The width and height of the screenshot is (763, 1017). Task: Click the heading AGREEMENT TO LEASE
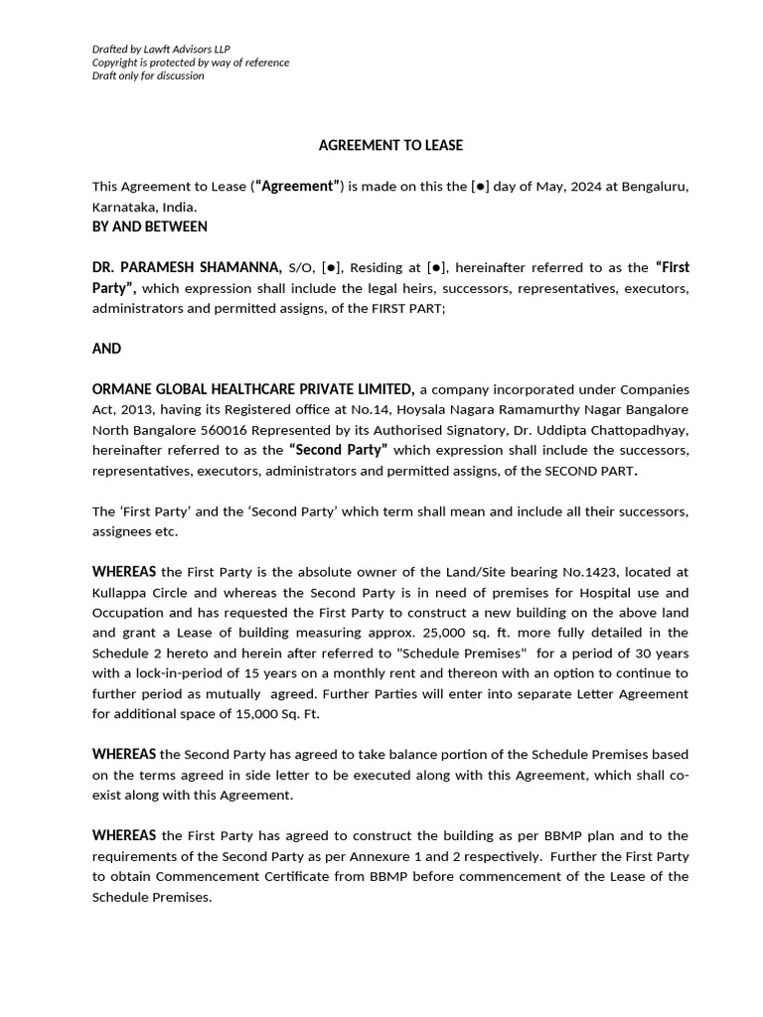click(x=390, y=145)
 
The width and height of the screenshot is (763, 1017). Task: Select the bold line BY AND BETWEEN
click(x=150, y=226)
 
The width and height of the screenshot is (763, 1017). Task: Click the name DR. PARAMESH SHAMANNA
click(x=187, y=267)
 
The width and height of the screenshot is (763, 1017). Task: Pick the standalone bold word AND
click(x=106, y=349)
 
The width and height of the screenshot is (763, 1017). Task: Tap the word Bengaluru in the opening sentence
click(x=655, y=186)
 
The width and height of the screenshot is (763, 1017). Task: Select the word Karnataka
click(x=124, y=207)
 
